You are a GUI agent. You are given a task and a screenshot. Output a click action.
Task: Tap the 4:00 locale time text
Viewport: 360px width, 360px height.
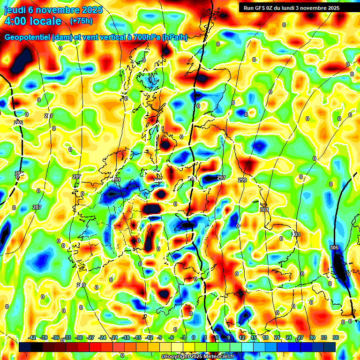point(32,21)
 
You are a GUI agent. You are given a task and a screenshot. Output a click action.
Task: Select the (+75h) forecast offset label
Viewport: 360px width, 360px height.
point(81,21)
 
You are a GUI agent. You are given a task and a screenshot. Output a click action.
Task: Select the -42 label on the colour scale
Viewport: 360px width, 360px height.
point(32,337)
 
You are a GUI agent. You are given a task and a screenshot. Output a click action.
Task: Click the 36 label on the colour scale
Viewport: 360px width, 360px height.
point(336,337)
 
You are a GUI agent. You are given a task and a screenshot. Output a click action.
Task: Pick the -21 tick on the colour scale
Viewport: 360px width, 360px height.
point(114,337)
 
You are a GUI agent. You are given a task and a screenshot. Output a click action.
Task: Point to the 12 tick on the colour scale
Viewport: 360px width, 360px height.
point(241,337)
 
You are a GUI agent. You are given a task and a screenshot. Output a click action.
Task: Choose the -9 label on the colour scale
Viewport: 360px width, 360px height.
point(160,337)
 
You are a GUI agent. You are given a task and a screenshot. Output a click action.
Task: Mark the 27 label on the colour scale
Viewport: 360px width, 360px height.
point(300,337)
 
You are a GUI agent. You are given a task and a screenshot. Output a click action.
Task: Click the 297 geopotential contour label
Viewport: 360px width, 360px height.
point(221,178)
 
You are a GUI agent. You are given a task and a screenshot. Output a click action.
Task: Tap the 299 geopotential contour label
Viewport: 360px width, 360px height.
point(242,180)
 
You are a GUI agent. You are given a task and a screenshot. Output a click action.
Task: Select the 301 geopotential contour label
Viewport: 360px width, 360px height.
point(264,210)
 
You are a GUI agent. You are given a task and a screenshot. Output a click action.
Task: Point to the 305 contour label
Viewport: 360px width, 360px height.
point(334,247)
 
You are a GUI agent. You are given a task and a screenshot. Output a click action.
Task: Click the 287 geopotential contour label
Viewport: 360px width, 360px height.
point(37,207)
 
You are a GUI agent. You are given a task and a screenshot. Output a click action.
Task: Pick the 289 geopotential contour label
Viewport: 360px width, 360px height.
point(77,177)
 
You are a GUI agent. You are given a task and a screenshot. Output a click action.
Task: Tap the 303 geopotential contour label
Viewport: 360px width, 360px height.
point(296,234)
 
